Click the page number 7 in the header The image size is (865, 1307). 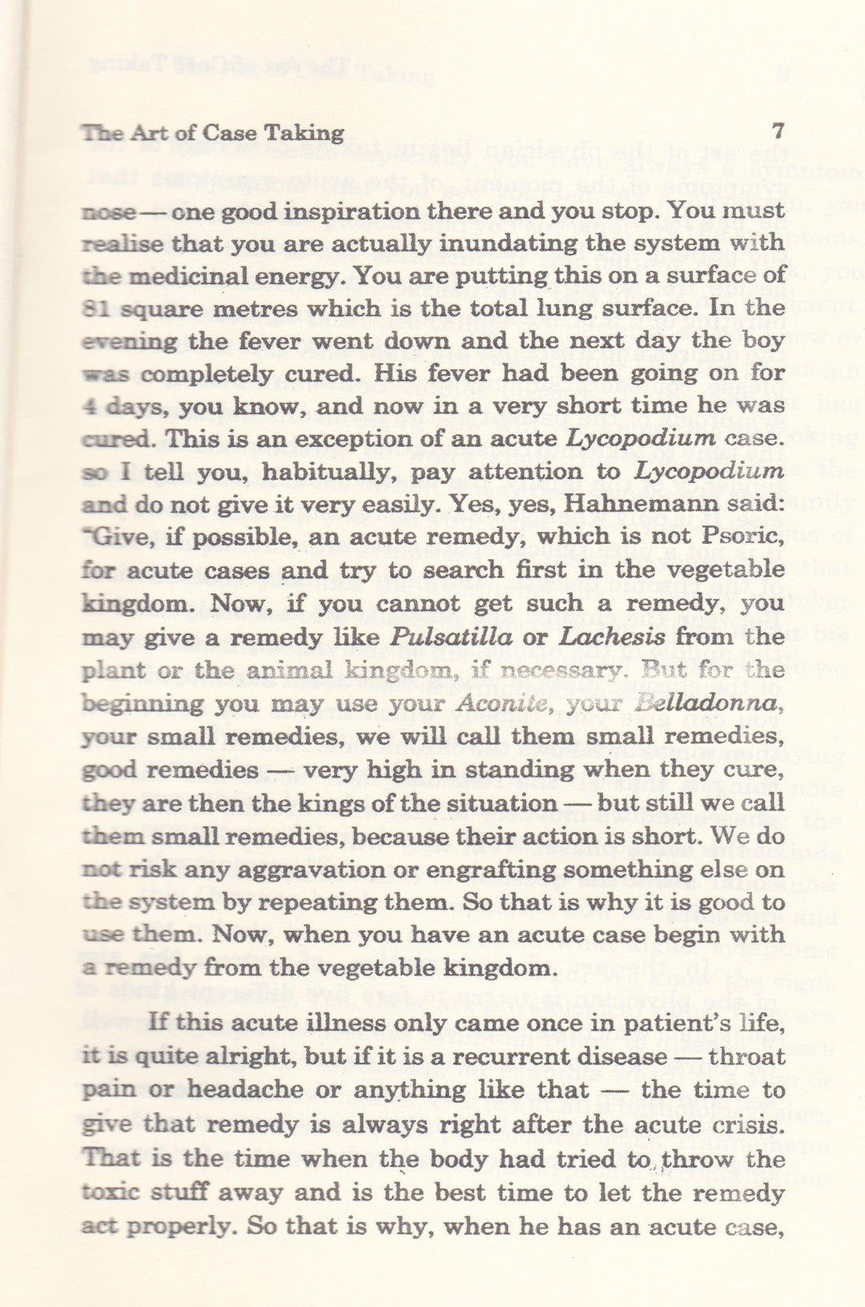click(x=777, y=131)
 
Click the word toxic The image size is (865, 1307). click(x=111, y=1192)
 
